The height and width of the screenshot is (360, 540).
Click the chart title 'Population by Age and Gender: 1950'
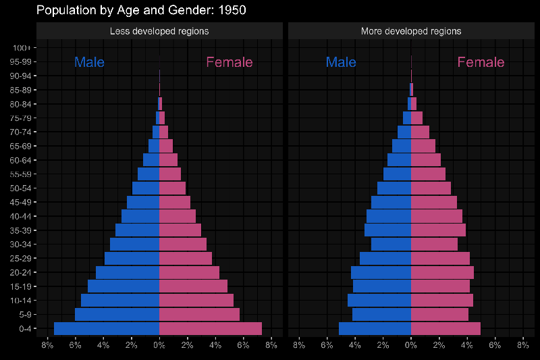(141, 10)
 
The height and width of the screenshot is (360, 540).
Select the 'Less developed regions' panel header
(159, 31)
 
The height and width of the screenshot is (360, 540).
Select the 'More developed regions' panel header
(411, 31)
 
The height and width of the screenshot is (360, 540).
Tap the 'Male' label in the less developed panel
(89, 62)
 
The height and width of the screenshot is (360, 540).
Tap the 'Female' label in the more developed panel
(481, 62)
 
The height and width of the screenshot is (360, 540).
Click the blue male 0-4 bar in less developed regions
(107, 328)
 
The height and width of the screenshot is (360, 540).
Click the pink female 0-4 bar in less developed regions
(210, 328)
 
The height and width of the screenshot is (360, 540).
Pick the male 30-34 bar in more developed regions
(391, 244)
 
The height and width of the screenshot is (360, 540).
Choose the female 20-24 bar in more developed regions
(442, 272)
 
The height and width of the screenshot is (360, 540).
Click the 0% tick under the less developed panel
(159, 344)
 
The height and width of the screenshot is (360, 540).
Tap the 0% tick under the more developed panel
(411, 344)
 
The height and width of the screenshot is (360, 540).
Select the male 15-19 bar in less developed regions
(124, 286)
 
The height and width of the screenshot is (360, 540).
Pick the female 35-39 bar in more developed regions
(438, 230)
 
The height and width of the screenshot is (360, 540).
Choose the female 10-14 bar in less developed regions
(196, 300)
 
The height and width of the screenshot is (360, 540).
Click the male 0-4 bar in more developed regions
(375, 328)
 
